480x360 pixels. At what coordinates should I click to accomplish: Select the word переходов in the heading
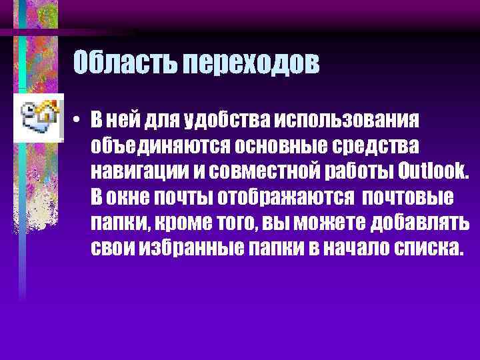[x=252, y=65]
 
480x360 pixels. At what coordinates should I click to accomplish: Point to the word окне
[x=131, y=197]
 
